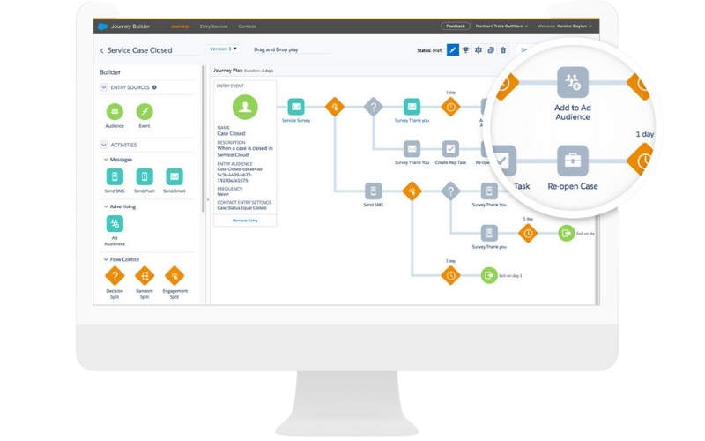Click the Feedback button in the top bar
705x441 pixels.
coord(455,26)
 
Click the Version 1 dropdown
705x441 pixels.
coord(223,49)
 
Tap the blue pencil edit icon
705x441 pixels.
coord(452,50)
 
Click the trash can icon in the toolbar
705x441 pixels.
coord(502,50)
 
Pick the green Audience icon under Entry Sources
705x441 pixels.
coord(115,111)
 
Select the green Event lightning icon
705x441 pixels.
coord(144,111)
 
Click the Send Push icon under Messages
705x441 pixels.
coord(144,176)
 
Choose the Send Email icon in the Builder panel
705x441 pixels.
coord(174,176)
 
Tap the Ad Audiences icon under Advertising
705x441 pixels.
coord(115,224)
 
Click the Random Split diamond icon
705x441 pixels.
coord(144,276)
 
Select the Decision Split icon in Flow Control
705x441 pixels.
coord(115,276)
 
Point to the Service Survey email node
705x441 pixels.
coord(295,107)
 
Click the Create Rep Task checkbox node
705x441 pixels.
coord(450,148)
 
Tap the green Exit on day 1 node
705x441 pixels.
coord(489,275)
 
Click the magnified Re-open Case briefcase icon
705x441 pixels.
coord(572,161)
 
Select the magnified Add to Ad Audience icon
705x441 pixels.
coord(572,82)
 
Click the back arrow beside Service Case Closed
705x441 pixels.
coord(101,51)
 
